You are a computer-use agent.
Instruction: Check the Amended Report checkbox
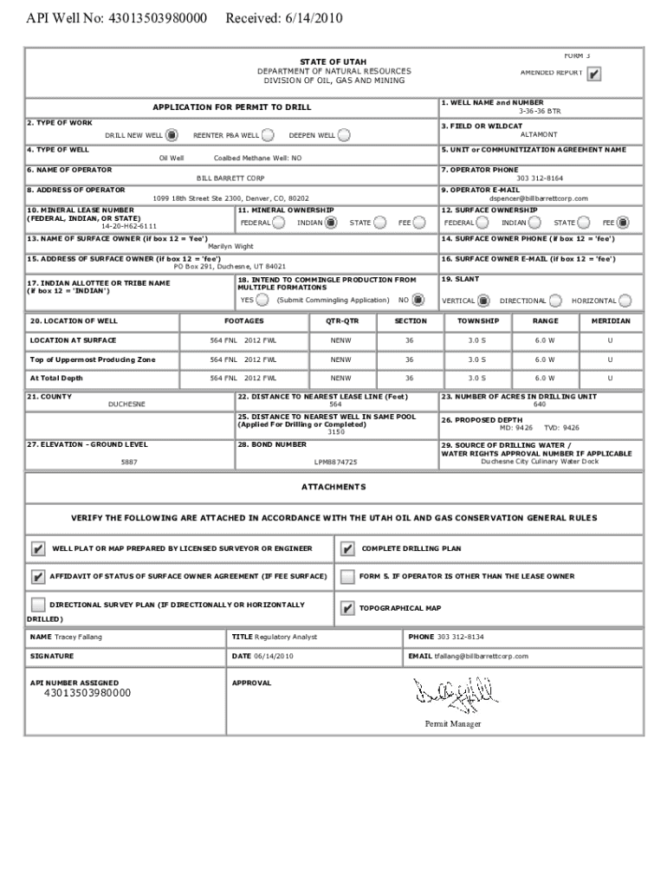point(593,74)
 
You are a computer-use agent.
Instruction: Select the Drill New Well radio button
point(172,135)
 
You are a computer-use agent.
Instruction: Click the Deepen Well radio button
point(344,135)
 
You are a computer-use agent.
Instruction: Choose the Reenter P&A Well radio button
point(268,135)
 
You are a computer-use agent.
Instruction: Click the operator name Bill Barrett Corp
point(230,178)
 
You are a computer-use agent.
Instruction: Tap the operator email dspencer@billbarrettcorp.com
point(538,198)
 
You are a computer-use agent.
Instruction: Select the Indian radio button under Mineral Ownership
point(331,223)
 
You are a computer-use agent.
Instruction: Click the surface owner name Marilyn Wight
point(230,246)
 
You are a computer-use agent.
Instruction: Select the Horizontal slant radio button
point(625,301)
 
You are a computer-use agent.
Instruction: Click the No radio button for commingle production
point(418,301)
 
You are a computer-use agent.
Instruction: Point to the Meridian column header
point(611,320)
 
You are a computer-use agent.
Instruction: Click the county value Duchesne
point(126,405)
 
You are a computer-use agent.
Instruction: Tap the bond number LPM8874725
point(335,463)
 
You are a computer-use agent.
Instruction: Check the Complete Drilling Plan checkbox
point(347,548)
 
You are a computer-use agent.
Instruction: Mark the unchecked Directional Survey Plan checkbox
point(38,605)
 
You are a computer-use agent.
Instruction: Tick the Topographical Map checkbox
point(347,608)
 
